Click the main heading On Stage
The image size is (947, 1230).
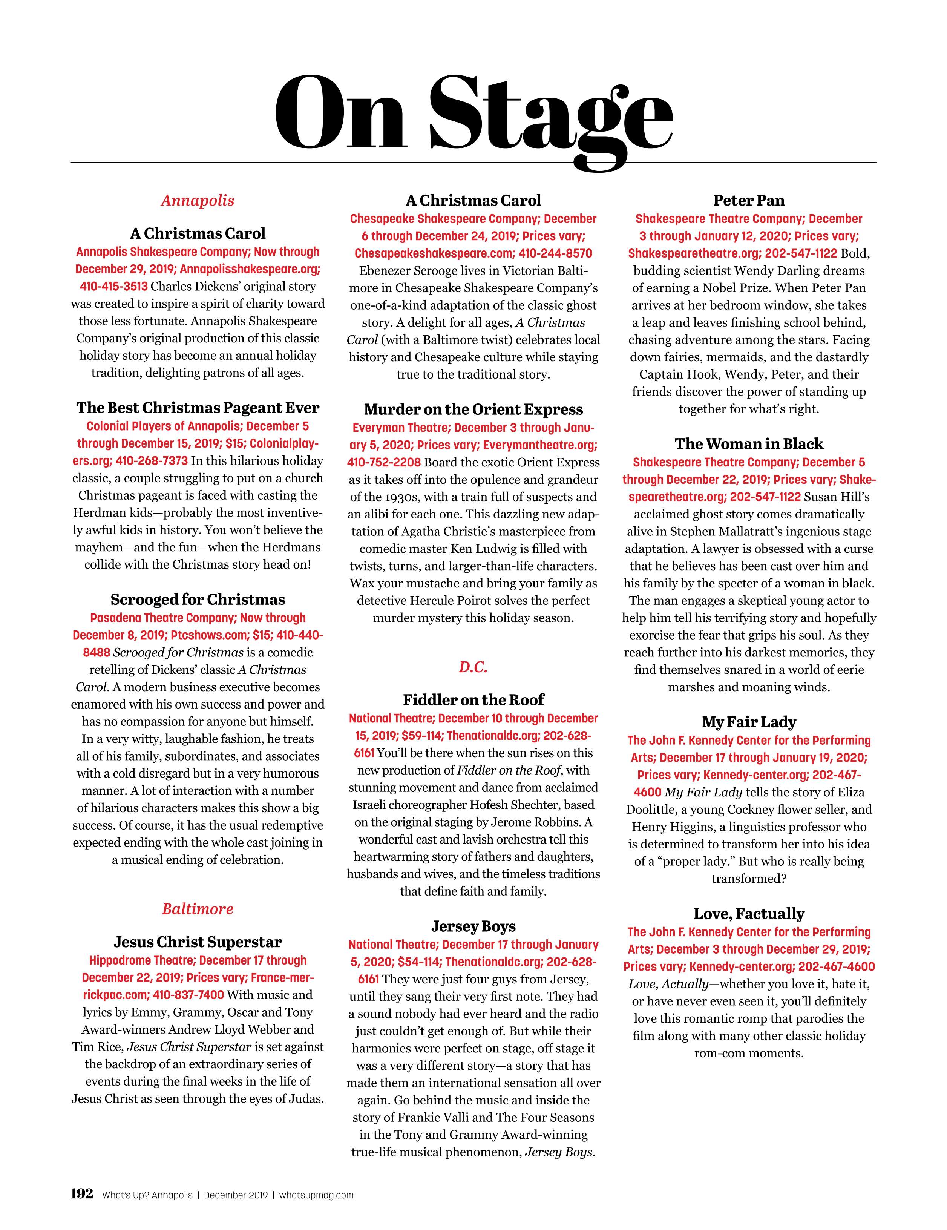coord(473,113)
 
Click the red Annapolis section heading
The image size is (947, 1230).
coord(198,201)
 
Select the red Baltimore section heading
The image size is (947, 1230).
coord(198,908)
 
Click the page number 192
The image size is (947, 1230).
coord(82,1194)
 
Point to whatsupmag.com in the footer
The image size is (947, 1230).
coord(316,1195)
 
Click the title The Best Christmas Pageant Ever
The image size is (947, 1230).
coord(198,408)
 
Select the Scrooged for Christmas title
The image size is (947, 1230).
coord(198,599)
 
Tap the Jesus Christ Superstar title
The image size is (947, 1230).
coord(198,942)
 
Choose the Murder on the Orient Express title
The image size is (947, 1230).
coord(473,409)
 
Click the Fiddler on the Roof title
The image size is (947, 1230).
coord(473,700)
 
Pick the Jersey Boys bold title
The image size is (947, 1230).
coord(473,926)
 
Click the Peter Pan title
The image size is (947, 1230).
coord(749,201)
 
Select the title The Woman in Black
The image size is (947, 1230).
coord(749,444)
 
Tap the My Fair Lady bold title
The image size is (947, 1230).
coord(749,722)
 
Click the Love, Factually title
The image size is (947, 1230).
coord(749,914)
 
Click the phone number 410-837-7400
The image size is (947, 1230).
coord(188,995)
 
